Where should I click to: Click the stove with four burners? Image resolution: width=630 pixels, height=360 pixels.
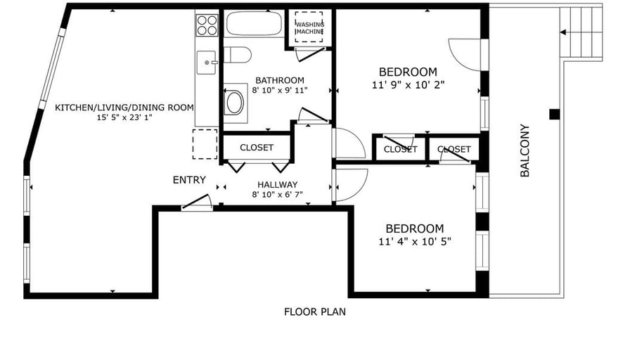coord(207,25)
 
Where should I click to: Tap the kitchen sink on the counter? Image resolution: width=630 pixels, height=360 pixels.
coord(207,63)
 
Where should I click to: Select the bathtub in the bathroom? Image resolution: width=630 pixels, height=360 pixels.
coord(254,24)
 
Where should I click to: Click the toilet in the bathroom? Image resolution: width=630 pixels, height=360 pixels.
coord(237,55)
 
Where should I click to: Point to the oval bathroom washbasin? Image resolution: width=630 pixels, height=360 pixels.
coord(235,103)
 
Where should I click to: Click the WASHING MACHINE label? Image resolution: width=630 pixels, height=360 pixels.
coord(310,28)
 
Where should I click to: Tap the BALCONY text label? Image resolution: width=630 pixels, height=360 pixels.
coord(525,150)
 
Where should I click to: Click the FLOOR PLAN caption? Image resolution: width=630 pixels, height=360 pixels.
coord(314,311)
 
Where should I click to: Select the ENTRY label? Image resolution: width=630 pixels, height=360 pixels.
coord(189,180)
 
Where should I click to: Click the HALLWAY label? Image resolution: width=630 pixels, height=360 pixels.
coord(278,185)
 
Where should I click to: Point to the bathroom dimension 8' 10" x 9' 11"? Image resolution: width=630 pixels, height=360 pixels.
coord(280,90)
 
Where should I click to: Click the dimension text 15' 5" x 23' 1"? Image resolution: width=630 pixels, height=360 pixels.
coord(124,117)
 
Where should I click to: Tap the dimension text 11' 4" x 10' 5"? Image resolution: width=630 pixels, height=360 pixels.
coord(415,241)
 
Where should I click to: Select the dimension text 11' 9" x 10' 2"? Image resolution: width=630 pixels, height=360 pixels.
coord(409,85)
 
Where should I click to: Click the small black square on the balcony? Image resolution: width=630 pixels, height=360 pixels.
coord(555,114)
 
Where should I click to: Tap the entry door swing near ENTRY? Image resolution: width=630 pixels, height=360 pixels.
coord(197,202)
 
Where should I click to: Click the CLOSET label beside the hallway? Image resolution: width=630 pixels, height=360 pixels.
coord(257,148)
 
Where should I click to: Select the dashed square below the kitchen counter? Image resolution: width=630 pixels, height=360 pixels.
coord(205,144)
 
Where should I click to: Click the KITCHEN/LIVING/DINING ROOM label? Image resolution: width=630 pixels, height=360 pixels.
coord(124,108)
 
